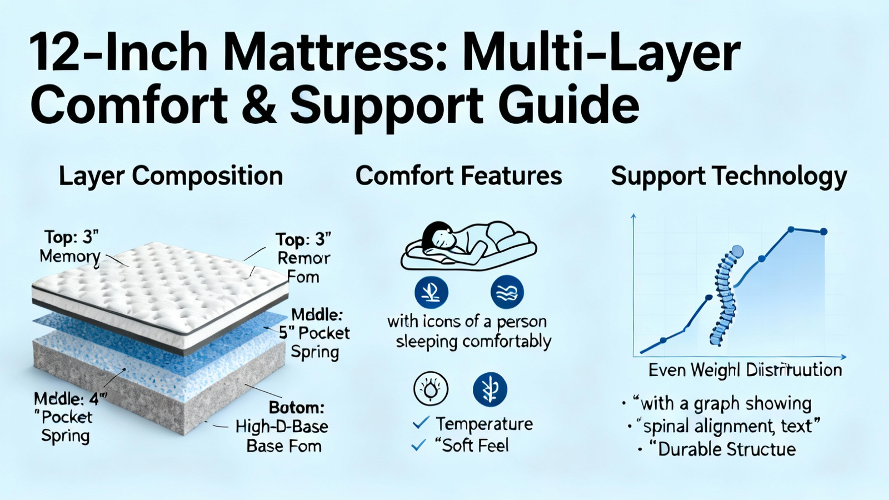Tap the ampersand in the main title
coord(259,104)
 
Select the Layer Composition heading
coord(171,176)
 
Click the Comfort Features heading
coord(459,176)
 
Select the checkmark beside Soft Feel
coord(419,445)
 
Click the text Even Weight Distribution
coord(745,370)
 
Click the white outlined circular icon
coord(431,389)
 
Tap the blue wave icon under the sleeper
coord(507,292)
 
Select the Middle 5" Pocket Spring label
coord(315,333)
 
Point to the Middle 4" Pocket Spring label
coord(67,417)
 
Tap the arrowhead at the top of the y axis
coord(633,217)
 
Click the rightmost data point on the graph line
coord(823,232)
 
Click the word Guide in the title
coord(568,104)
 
